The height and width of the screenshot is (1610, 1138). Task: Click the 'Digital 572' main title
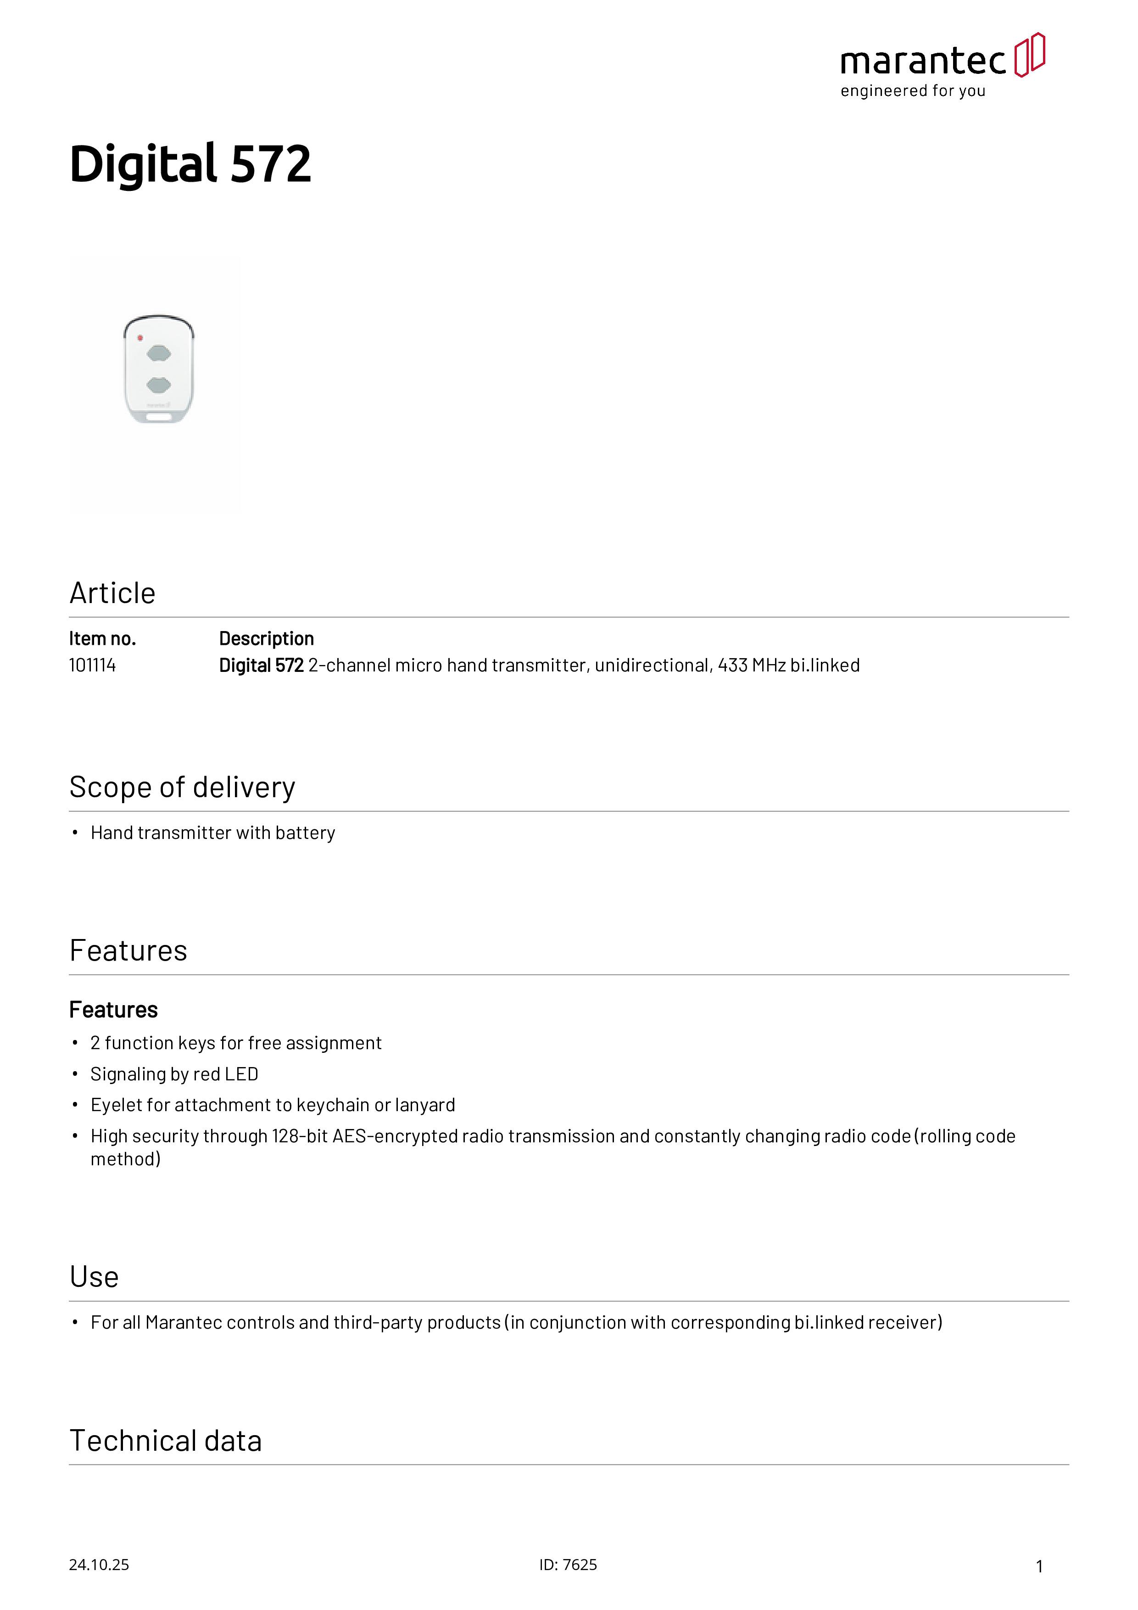[x=190, y=164]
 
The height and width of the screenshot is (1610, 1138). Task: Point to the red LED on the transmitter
[x=140, y=338]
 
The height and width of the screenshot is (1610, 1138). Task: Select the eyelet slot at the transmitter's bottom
[x=159, y=417]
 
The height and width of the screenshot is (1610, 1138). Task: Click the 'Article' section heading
[x=112, y=593]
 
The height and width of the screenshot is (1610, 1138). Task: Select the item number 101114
[x=93, y=665]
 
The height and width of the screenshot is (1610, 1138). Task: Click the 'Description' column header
[x=267, y=639]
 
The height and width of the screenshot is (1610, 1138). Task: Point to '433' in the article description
[x=733, y=665]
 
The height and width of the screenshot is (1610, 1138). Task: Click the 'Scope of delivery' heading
[x=182, y=788]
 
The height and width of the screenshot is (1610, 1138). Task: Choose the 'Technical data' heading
[x=166, y=1441]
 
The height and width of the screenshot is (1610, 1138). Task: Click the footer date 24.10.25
[x=99, y=1565]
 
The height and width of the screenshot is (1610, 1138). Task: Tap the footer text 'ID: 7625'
[x=568, y=1565]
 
